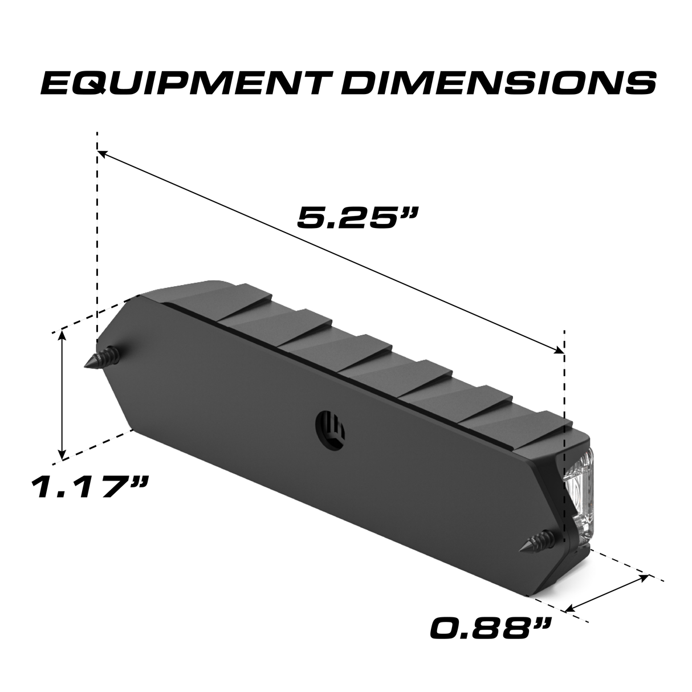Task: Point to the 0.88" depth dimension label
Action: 491,629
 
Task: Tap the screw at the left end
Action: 104,359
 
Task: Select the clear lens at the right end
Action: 580,493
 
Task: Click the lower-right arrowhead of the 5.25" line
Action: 559,351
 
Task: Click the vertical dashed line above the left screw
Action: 97,239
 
